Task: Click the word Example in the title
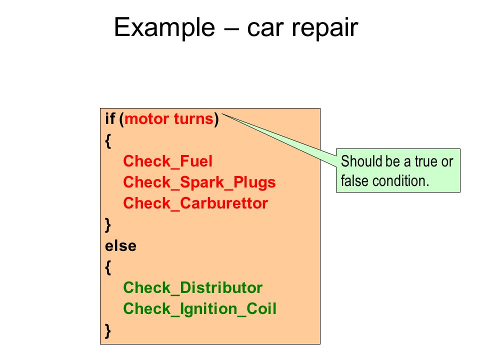(164, 28)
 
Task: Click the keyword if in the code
(110, 119)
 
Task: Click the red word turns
(193, 119)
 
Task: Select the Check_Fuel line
(168, 161)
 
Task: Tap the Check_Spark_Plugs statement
(199, 183)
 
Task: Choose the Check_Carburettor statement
(195, 203)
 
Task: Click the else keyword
(120, 246)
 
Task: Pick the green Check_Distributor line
(193, 288)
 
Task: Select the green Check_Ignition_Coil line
(199, 309)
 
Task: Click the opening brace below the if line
(108, 141)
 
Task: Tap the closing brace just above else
(108, 225)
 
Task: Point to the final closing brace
(108, 331)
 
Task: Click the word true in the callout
(427, 161)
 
